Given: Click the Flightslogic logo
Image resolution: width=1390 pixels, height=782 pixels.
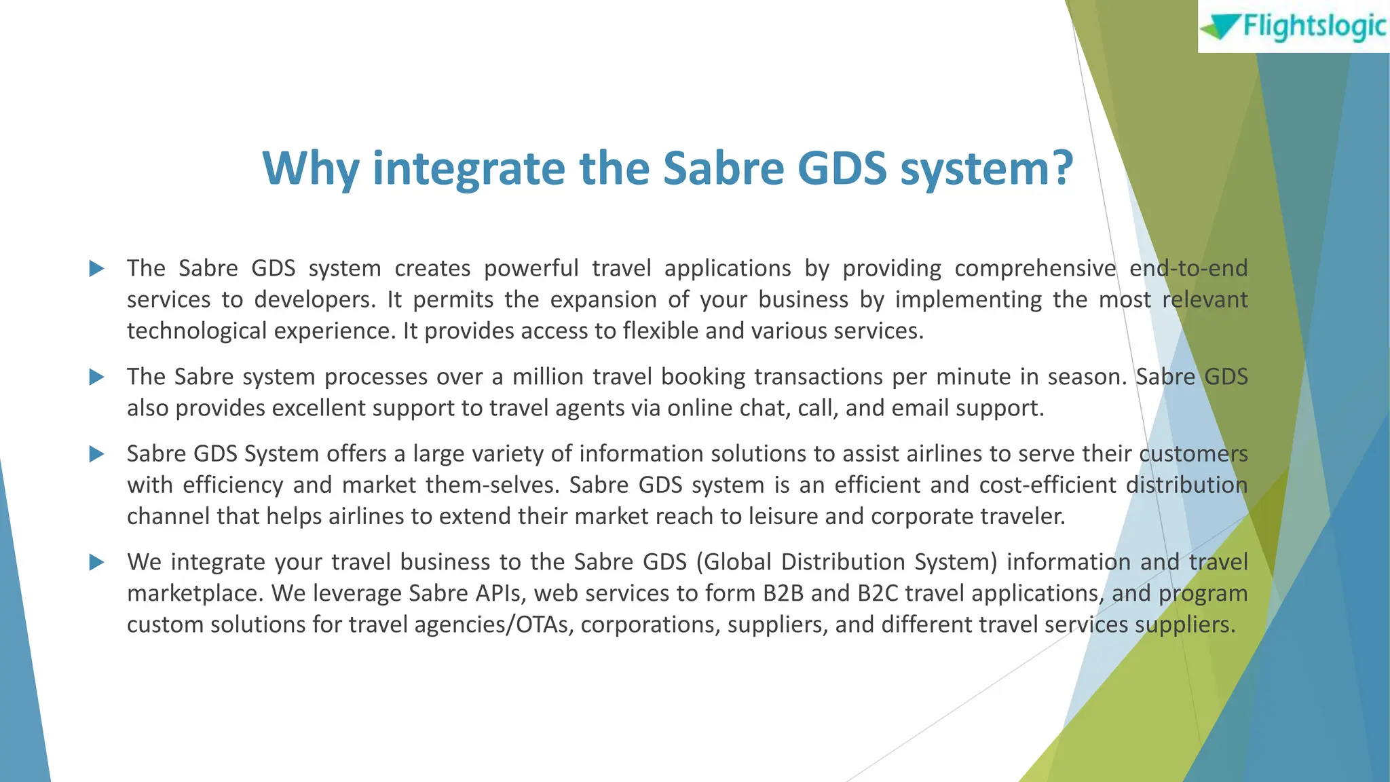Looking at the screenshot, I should [1293, 26].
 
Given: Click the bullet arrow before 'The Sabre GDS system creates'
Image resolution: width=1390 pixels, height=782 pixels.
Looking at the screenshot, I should [96, 269].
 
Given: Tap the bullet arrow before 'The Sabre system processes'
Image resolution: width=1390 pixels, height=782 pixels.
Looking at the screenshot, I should [96, 377].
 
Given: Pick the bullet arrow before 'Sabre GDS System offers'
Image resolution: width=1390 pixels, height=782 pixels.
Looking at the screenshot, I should [96, 453].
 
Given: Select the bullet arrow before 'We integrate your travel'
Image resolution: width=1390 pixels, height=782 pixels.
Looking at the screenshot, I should [96, 562].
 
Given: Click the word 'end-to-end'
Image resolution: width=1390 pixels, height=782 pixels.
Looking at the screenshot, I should [1188, 269].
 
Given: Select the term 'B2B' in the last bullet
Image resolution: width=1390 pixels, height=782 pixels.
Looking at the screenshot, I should [783, 593].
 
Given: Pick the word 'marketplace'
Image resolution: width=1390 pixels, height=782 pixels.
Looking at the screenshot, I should [195, 593].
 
